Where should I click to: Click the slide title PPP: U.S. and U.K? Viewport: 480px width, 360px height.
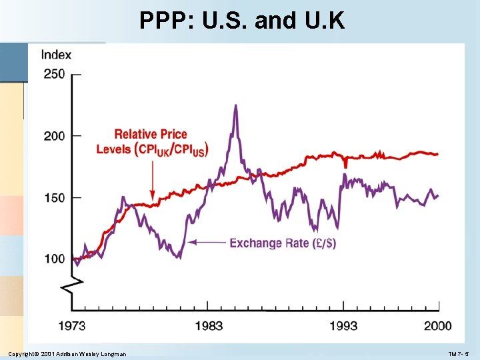point(242,21)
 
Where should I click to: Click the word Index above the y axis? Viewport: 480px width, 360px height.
point(56,55)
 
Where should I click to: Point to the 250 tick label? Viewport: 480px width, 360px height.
point(55,74)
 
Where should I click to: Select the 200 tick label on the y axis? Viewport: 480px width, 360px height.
point(55,136)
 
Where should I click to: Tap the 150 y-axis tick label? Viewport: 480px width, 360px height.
point(55,198)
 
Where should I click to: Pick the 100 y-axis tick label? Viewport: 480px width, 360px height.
point(55,259)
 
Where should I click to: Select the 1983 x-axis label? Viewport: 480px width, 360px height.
point(209,326)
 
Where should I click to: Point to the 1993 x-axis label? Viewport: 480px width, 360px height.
point(343,326)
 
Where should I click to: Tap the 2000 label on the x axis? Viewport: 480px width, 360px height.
point(437,326)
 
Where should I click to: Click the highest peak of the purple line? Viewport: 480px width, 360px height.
point(235,105)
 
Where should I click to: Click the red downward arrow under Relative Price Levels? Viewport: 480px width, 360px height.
point(153,180)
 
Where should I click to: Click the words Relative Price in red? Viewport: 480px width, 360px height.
point(151,135)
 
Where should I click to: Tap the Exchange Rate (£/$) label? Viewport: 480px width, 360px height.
point(283,243)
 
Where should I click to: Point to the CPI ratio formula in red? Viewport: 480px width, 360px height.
point(172,149)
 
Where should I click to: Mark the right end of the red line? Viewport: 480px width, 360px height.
point(438,154)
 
